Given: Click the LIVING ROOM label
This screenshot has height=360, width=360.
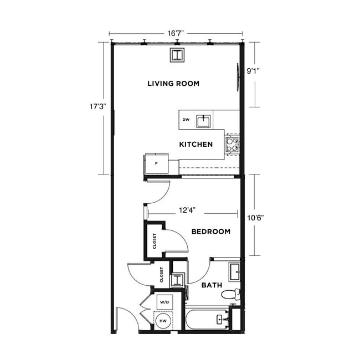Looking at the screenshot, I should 173,84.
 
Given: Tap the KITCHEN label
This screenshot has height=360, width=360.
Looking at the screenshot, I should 196,144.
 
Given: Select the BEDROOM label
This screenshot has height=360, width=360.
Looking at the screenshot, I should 210,232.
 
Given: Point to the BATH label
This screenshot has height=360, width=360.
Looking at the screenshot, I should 211,285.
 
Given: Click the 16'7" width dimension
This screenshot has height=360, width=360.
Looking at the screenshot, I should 176,34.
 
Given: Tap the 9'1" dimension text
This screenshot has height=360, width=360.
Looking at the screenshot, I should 254,71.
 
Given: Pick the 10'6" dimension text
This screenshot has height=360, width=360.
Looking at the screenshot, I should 255,217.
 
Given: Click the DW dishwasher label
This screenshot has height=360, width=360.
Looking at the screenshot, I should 186,119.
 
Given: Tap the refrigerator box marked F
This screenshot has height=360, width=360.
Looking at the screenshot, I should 157,164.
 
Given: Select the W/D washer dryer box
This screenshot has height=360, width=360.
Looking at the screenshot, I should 163,302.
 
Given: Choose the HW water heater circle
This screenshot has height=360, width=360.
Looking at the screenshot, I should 163,321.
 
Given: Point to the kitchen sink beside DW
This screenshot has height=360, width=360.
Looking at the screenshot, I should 204,120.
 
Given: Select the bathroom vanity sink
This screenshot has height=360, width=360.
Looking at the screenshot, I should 234,271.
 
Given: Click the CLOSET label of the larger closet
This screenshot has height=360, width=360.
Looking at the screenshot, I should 155,241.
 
